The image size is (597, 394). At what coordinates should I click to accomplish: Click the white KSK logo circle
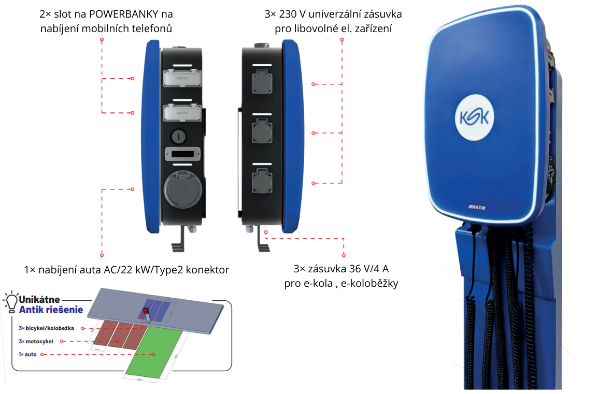(474, 118)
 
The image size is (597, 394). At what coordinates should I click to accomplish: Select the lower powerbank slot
(181, 112)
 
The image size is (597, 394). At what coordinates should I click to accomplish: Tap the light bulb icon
(10, 301)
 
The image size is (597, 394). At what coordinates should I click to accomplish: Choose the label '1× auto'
(27, 354)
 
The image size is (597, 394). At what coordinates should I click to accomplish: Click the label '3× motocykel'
(36, 341)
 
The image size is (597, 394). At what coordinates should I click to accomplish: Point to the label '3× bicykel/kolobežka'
(47, 328)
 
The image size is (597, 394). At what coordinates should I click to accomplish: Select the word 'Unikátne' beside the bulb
(39, 299)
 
